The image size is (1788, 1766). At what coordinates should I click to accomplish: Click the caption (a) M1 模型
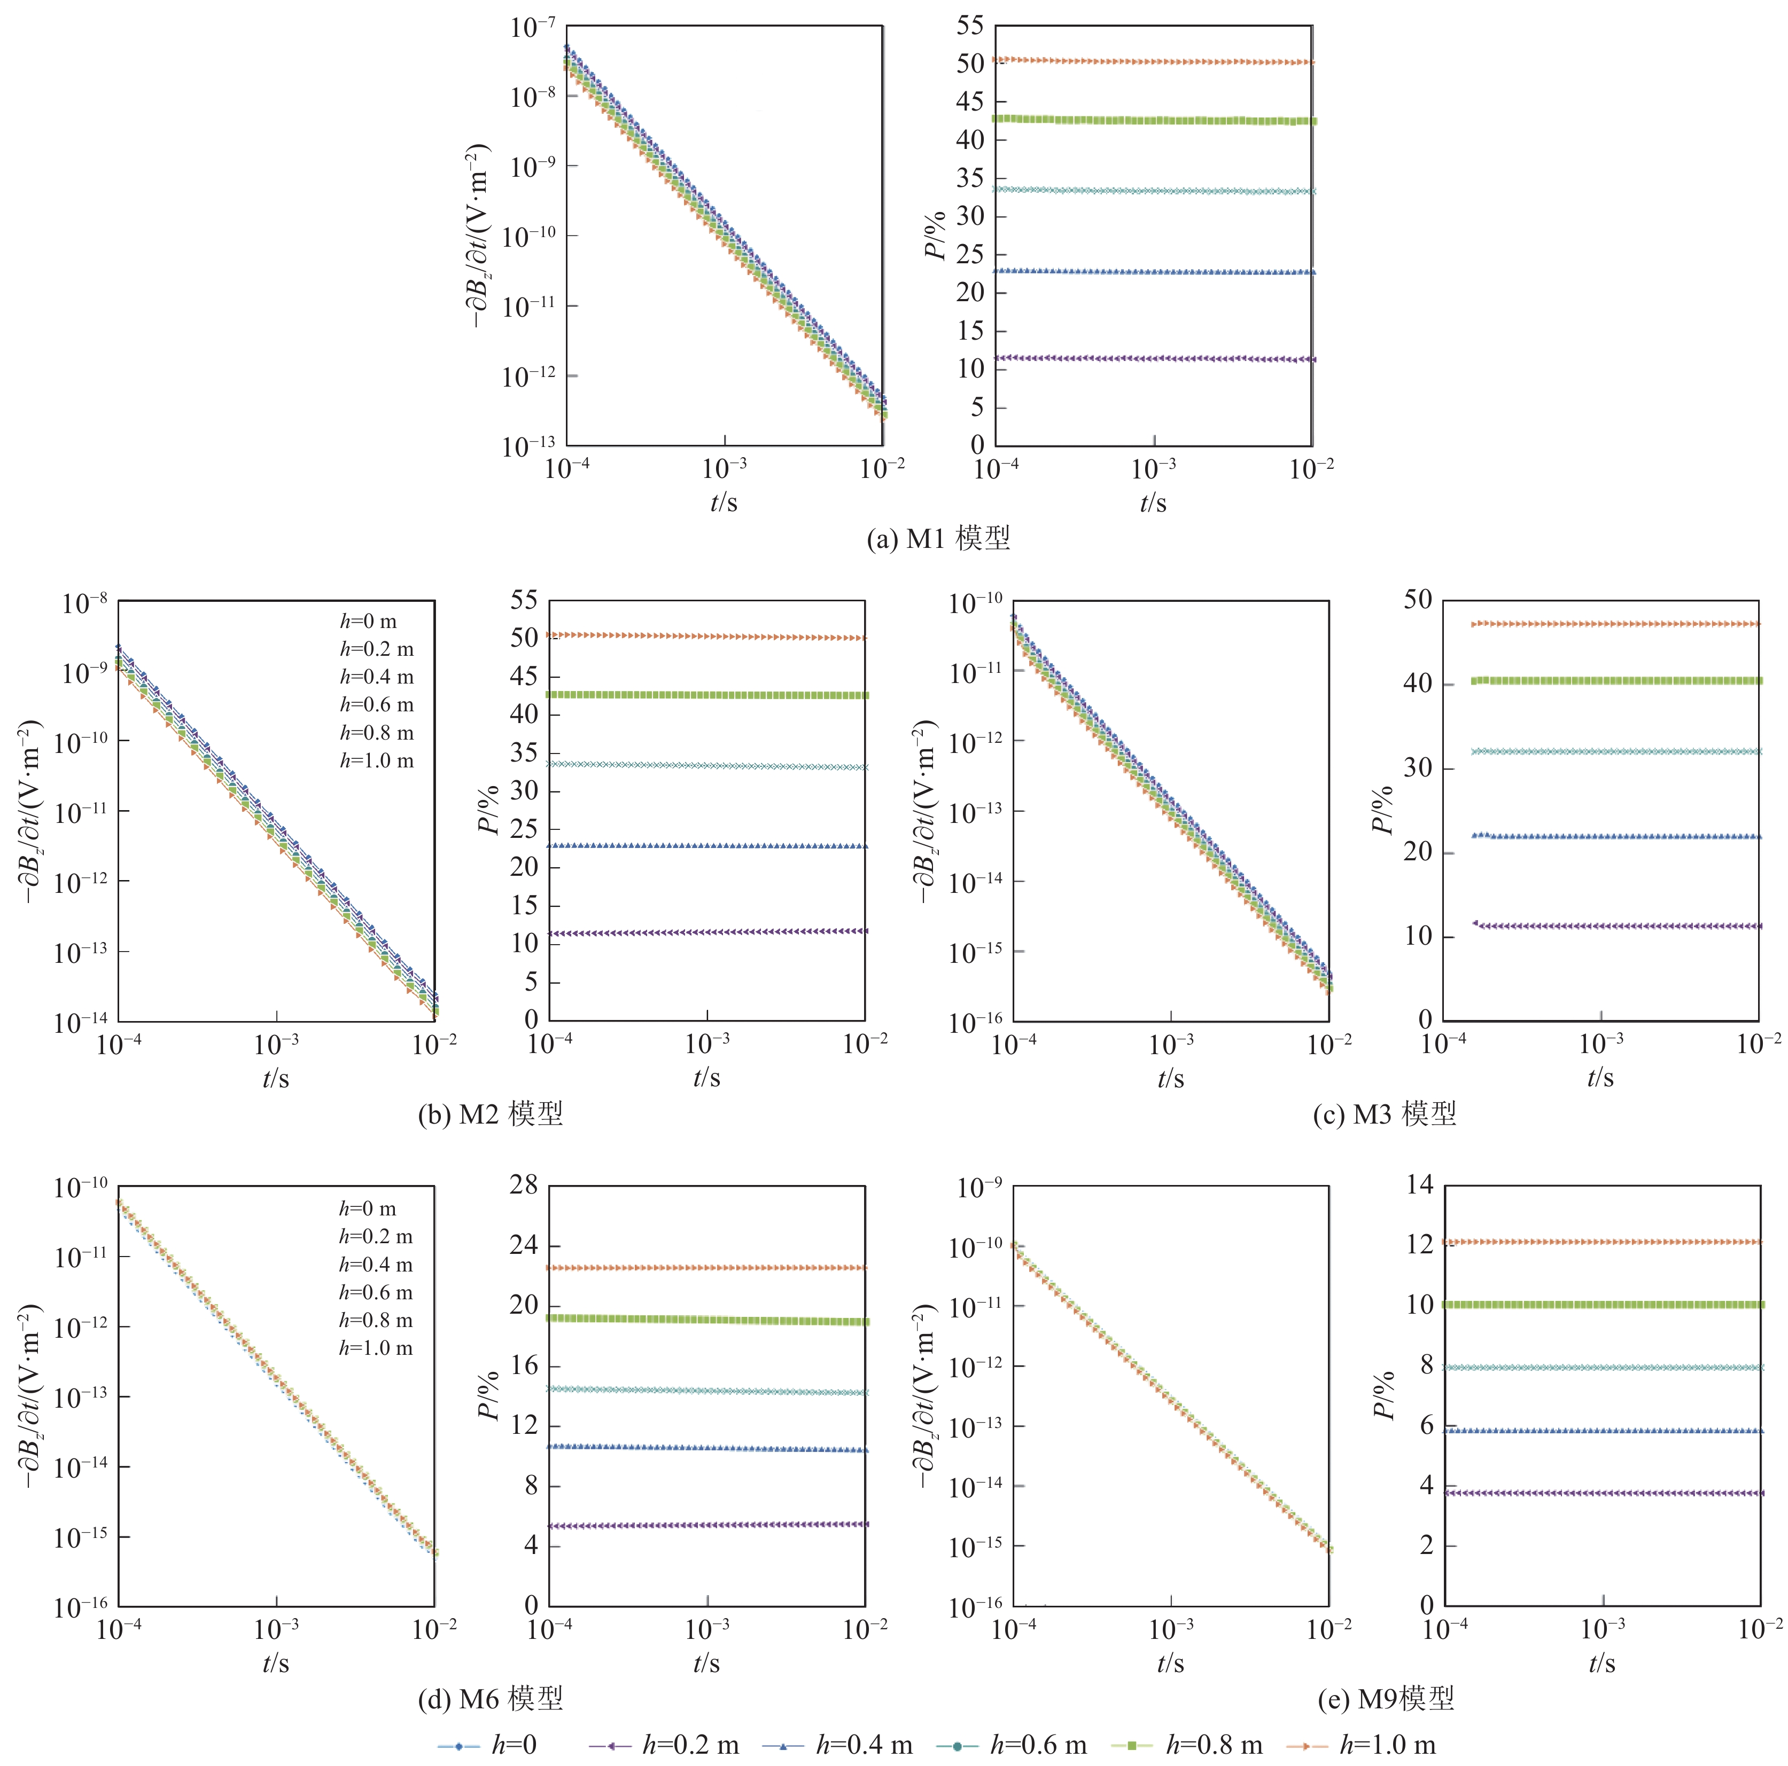click(937, 537)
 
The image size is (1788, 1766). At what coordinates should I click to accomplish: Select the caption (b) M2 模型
click(491, 1114)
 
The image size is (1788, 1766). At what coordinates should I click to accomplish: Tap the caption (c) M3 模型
click(1385, 1114)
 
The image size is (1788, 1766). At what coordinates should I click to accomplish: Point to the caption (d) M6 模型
click(491, 1699)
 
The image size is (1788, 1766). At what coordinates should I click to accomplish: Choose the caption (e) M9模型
click(1386, 1699)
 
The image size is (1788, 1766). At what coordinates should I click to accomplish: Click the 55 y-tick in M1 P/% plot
click(970, 26)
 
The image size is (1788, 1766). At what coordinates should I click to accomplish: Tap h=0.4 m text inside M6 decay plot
click(376, 1265)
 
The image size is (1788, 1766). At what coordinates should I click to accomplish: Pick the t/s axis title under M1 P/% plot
click(1153, 503)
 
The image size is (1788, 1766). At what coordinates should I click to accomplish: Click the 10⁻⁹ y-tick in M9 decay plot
click(978, 1188)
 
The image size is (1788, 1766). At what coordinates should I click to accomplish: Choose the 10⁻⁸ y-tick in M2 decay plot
click(84, 604)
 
